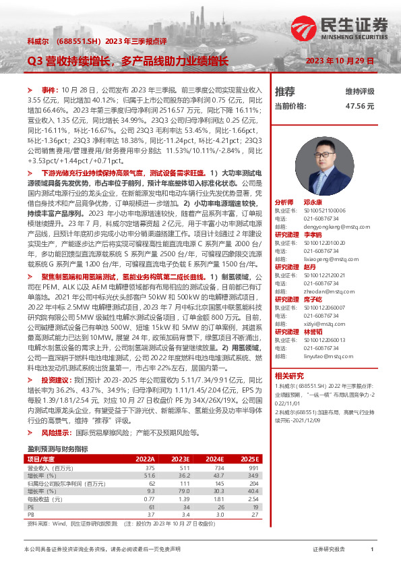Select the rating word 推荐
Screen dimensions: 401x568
pyautogui.click(x=285, y=91)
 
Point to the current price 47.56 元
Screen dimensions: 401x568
pyautogui.click(x=359, y=106)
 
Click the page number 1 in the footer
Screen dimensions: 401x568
pyautogui.click(x=372, y=550)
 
